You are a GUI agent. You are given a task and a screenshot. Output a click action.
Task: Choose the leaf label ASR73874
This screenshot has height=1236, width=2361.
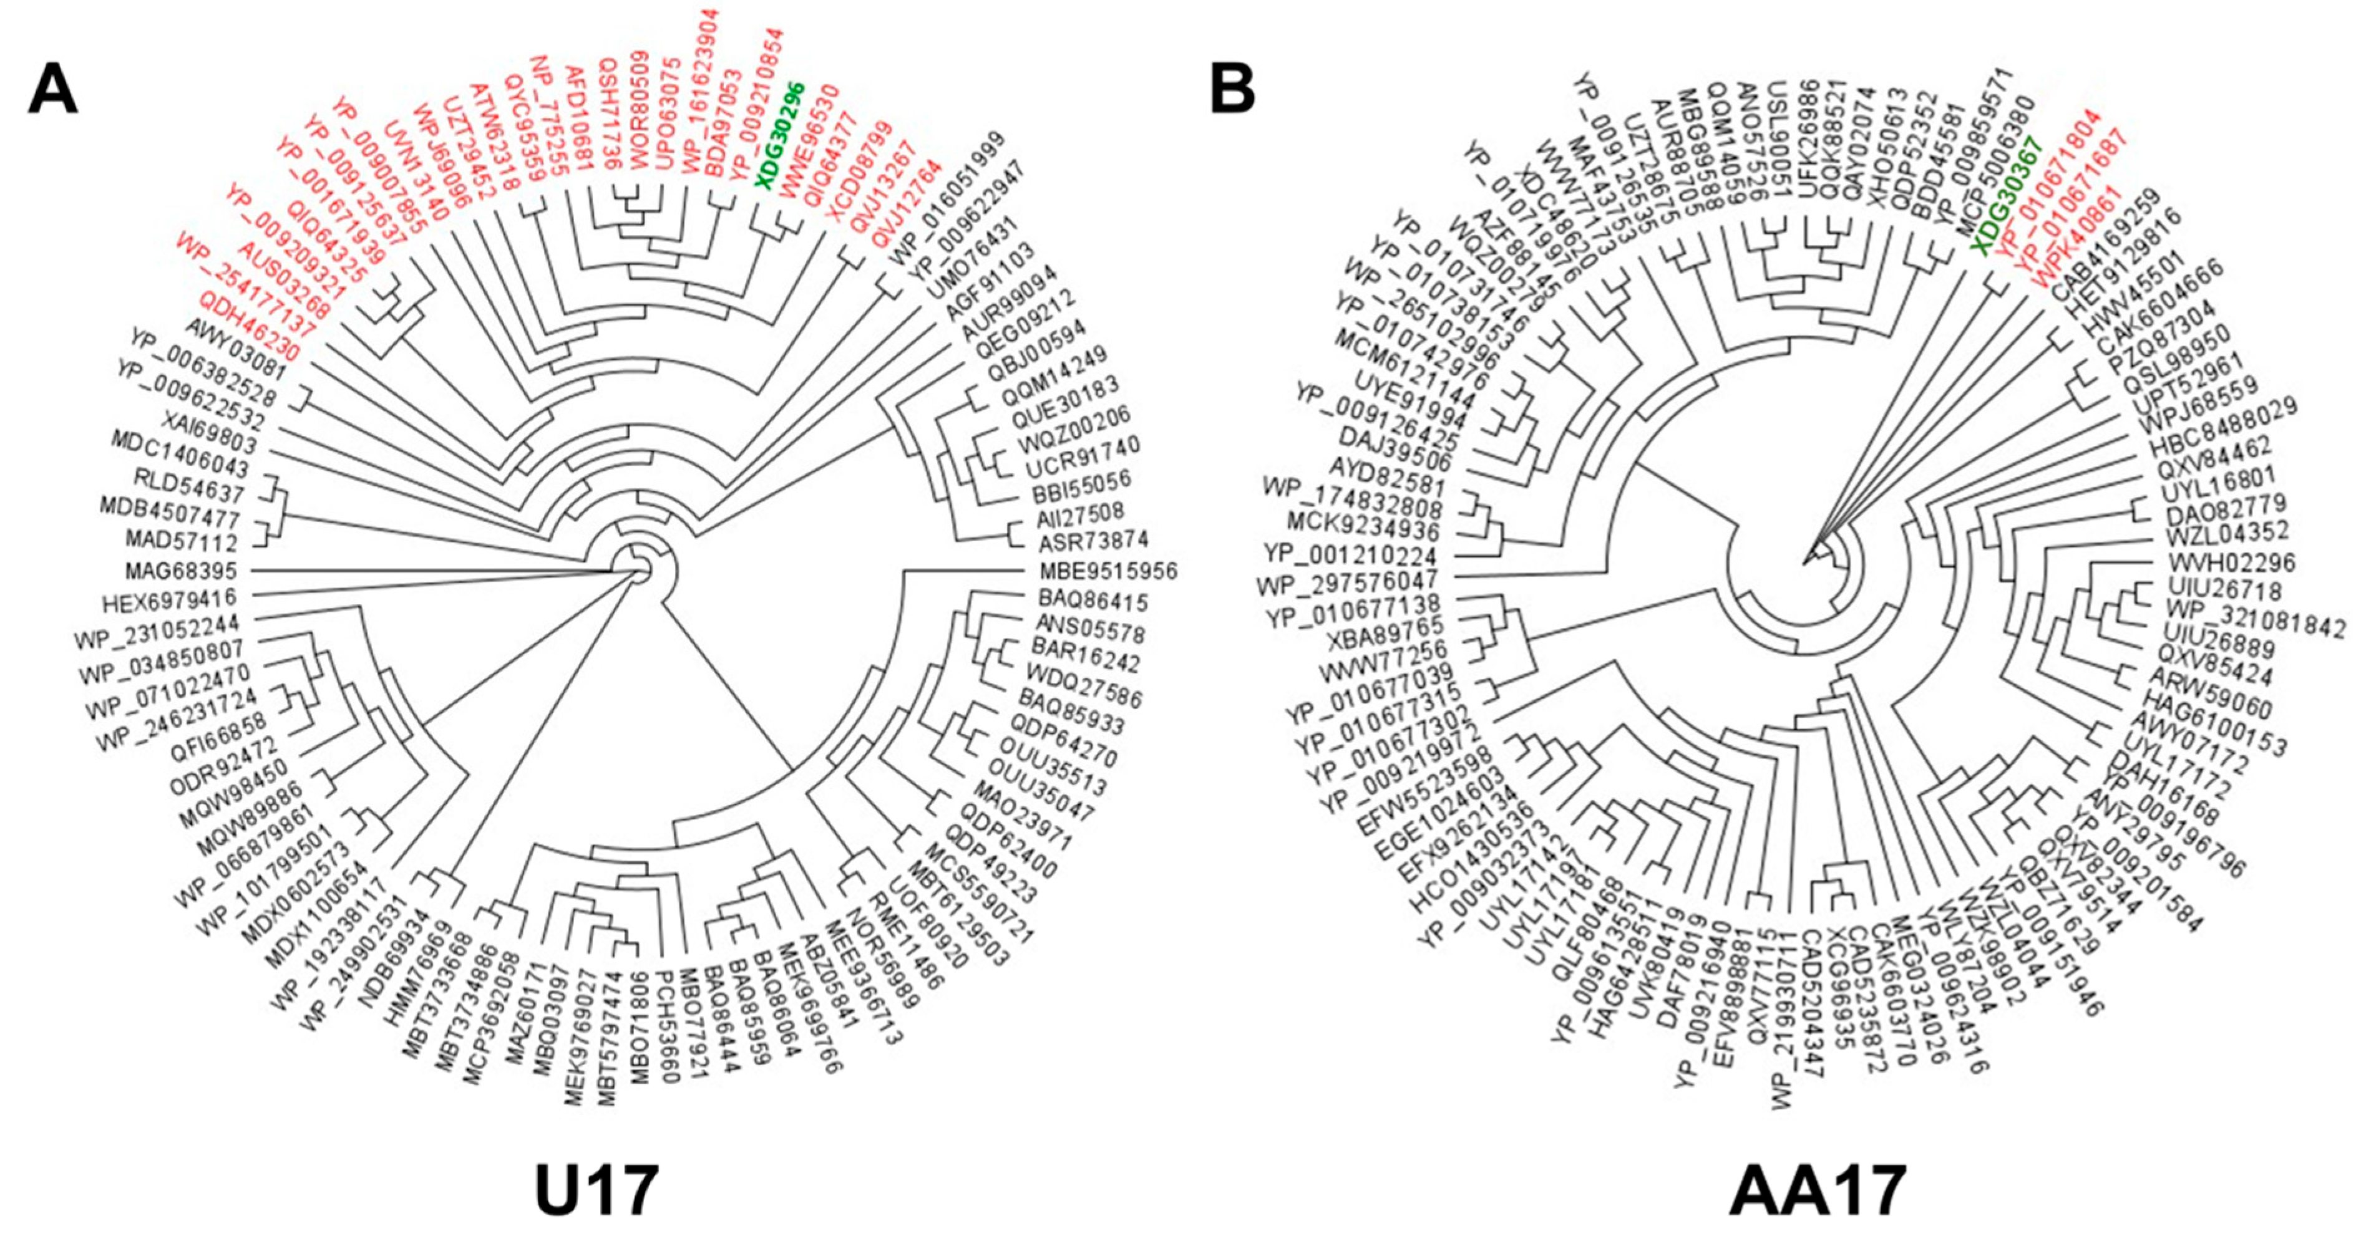click(1092, 539)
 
